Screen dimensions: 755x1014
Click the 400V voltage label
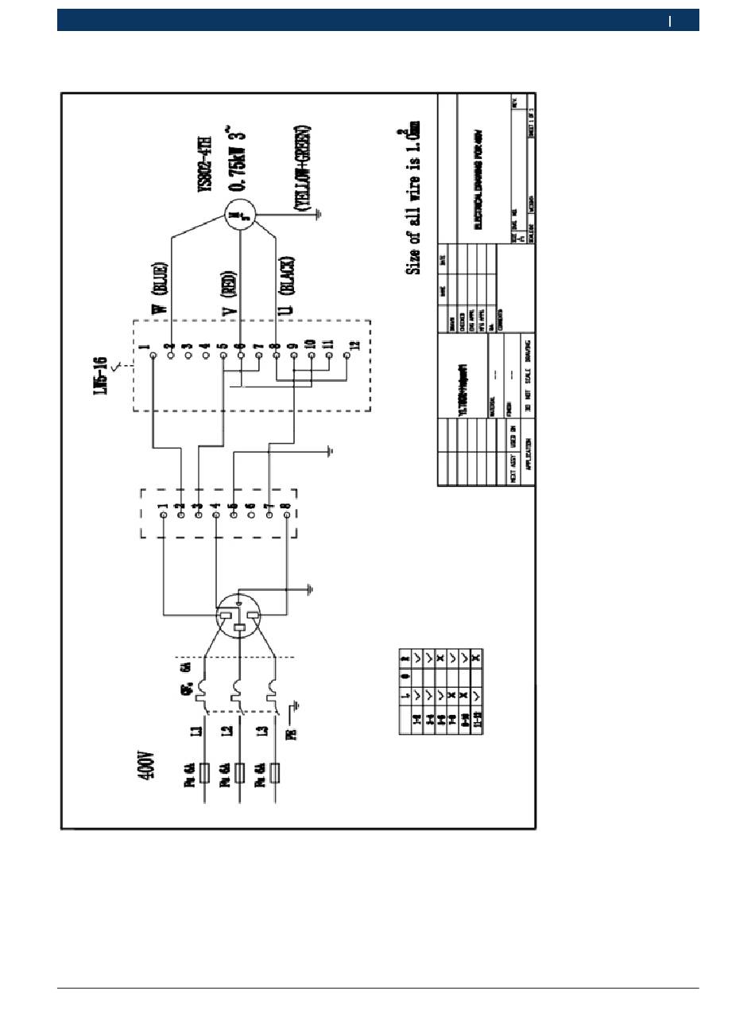click(147, 766)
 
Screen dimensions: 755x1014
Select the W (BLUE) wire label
click(162, 289)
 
